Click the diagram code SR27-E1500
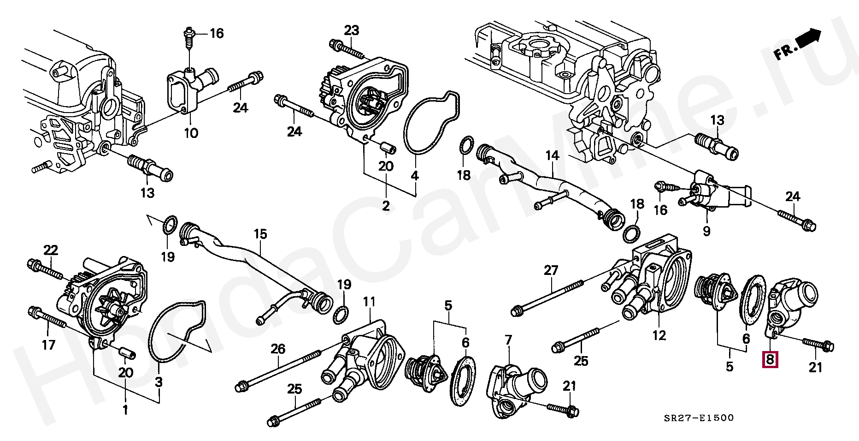(699, 418)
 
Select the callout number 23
(351, 30)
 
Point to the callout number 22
(51, 250)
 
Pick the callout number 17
(48, 345)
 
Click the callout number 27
(551, 270)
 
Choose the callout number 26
(278, 349)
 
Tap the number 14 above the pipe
(552, 155)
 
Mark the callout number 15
(260, 234)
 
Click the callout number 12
(659, 335)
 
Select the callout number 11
(369, 302)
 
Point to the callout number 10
(191, 133)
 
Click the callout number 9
(706, 231)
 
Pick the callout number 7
(508, 340)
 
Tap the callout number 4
(415, 176)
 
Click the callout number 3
(159, 381)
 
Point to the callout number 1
(125, 409)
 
